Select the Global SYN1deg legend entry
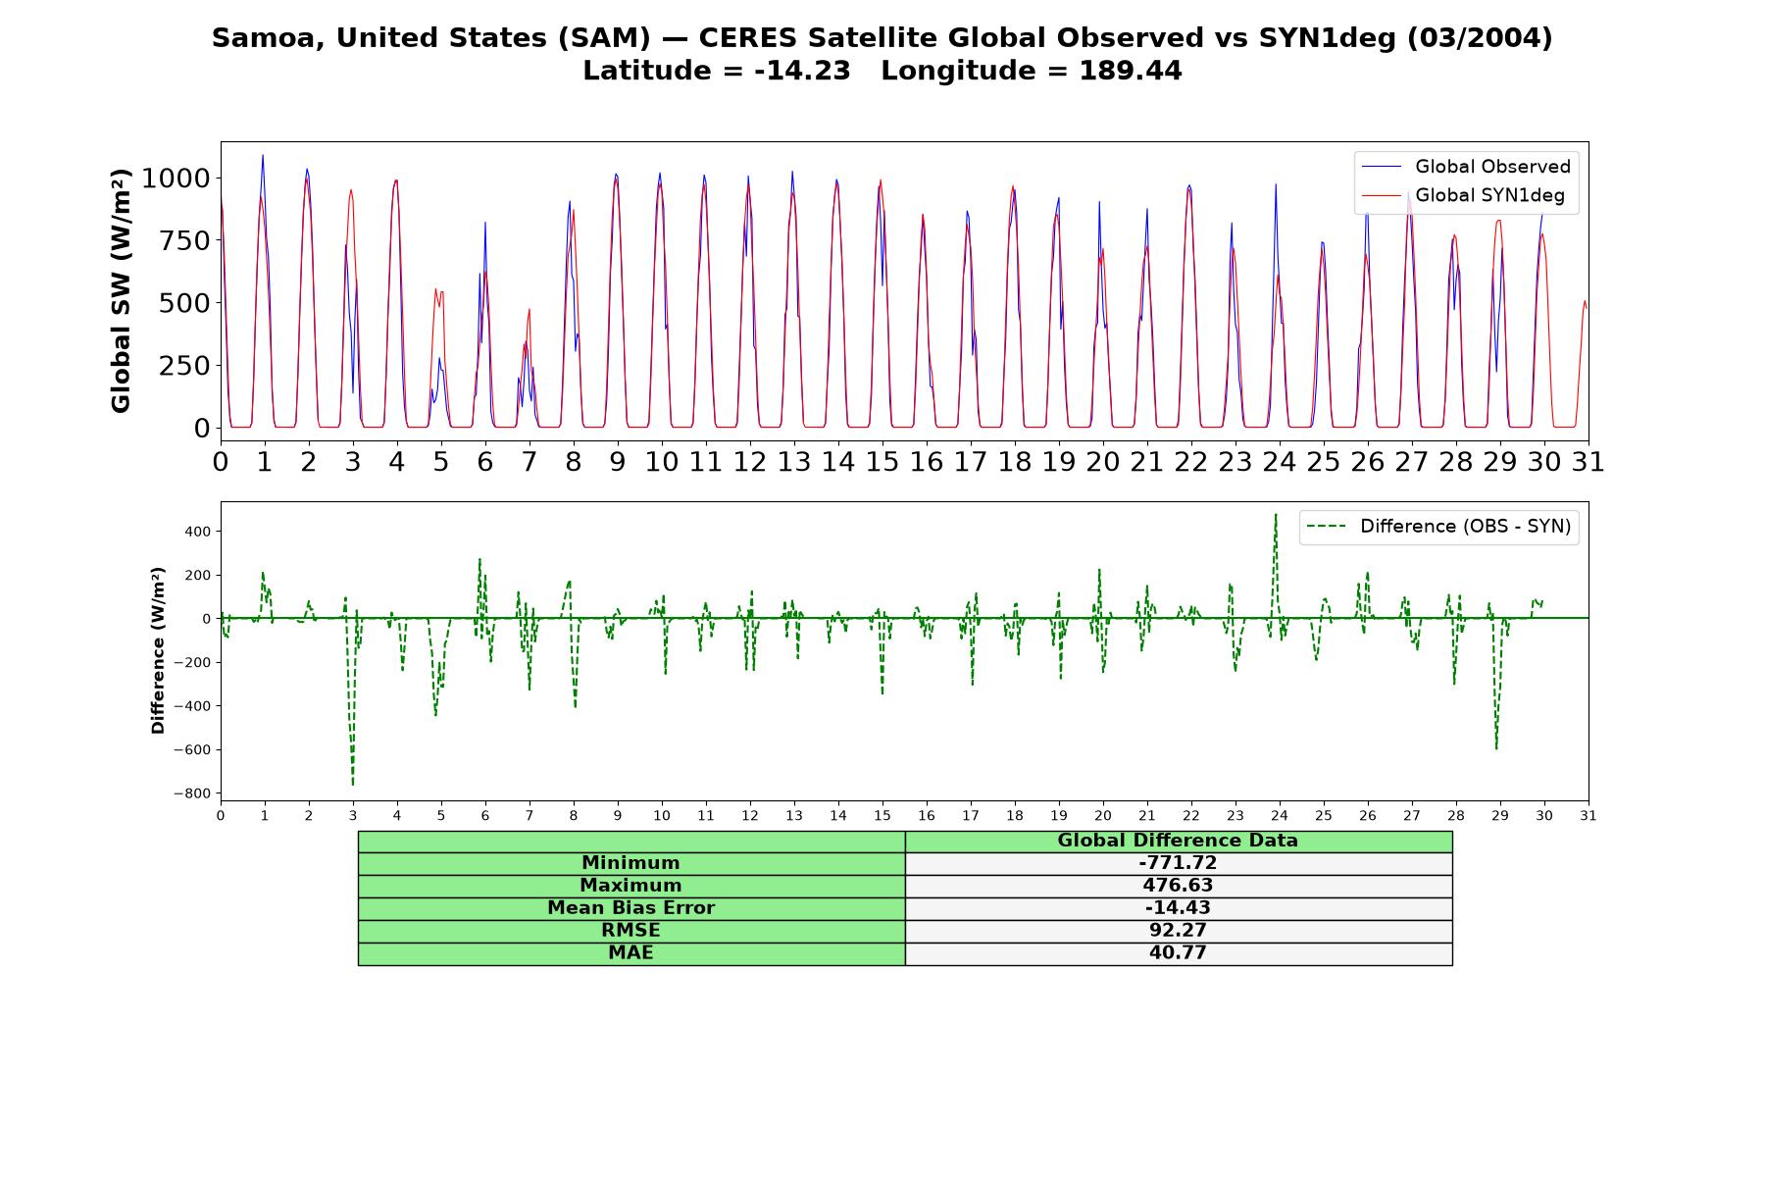click(1463, 196)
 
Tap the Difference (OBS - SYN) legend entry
click(1438, 527)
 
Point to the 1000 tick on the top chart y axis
click(176, 179)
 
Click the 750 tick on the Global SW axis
click(185, 241)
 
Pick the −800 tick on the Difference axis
click(191, 793)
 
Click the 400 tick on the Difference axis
click(198, 532)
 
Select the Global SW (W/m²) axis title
click(121, 291)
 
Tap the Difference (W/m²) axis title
click(158, 650)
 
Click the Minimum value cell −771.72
click(1178, 863)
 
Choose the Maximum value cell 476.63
click(1178, 886)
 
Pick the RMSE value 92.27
click(1178, 931)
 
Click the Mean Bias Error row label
click(631, 908)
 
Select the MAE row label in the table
click(631, 953)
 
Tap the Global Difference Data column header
click(1178, 841)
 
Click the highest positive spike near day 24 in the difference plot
click(1276, 514)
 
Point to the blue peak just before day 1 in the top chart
click(263, 155)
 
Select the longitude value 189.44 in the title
click(1131, 71)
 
